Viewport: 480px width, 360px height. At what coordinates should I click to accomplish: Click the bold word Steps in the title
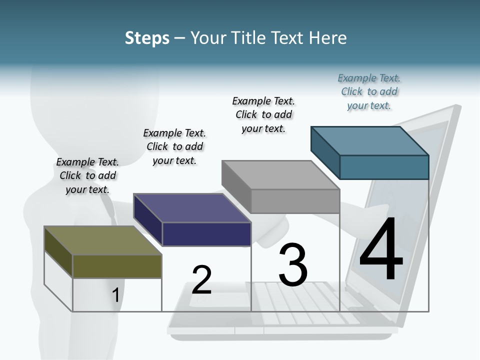tap(147, 38)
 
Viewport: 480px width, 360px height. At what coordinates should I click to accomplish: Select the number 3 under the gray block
tap(292, 264)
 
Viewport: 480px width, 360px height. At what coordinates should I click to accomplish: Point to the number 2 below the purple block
tap(201, 280)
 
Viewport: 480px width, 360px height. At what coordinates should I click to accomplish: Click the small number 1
tap(115, 295)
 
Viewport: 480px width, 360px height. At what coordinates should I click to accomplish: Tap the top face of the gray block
tap(280, 175)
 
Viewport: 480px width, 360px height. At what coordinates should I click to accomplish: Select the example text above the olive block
tap(87, 175)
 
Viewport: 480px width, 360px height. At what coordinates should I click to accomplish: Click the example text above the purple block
tap(174, 146)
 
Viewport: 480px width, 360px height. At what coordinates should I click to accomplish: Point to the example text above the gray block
tap(263, 114)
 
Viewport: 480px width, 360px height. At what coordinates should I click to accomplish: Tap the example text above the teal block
tap(369, 91)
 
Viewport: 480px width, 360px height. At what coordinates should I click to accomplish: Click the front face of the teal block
tap(384, 167)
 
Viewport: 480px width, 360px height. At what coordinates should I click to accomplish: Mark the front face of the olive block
tap(117, 266)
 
